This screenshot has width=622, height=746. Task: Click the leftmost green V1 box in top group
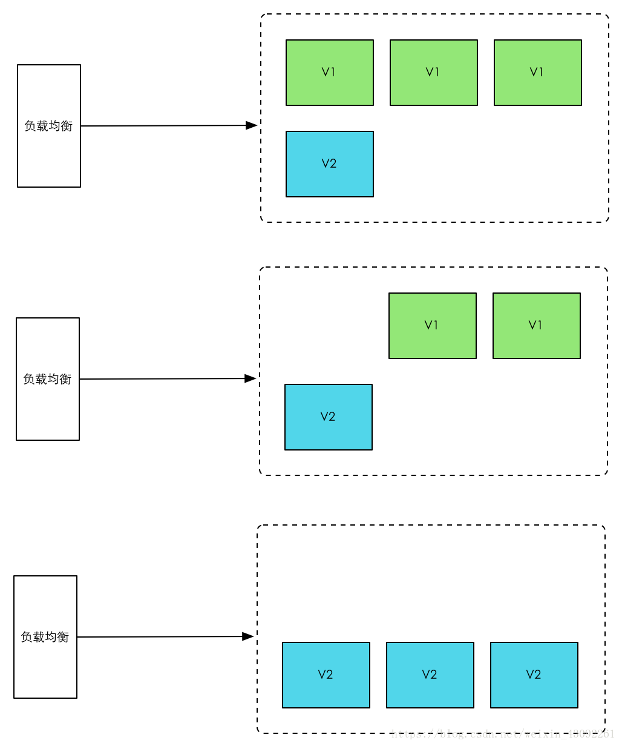[330, 73]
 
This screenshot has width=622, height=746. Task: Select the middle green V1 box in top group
[434, 73]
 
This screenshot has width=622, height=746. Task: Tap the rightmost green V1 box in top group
[538, 73]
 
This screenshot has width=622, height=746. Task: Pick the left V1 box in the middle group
[433, 326]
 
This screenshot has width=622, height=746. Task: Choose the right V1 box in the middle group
[537, 326]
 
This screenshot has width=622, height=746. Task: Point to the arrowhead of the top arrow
[252, 125]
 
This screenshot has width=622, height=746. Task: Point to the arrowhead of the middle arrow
[250, 378]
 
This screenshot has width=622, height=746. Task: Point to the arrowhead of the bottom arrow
[248, 636]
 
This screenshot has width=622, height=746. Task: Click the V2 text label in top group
[329, 163]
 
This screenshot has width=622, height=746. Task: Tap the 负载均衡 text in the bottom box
[45, 637]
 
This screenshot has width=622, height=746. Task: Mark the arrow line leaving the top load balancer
[163, 126]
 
